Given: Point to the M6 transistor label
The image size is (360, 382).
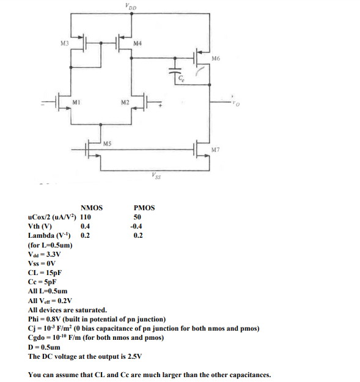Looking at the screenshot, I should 215,58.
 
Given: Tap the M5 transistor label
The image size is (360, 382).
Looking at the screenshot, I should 106,144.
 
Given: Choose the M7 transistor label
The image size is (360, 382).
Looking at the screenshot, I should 215,150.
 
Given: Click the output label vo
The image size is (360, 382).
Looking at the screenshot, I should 235,102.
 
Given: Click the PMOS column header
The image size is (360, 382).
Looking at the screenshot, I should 144,208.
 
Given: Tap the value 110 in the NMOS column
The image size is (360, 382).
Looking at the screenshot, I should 86,217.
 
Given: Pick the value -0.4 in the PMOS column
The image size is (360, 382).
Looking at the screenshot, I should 138,226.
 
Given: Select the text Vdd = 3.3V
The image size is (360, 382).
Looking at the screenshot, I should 45,254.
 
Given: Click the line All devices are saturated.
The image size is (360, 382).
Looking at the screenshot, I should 68,310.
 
